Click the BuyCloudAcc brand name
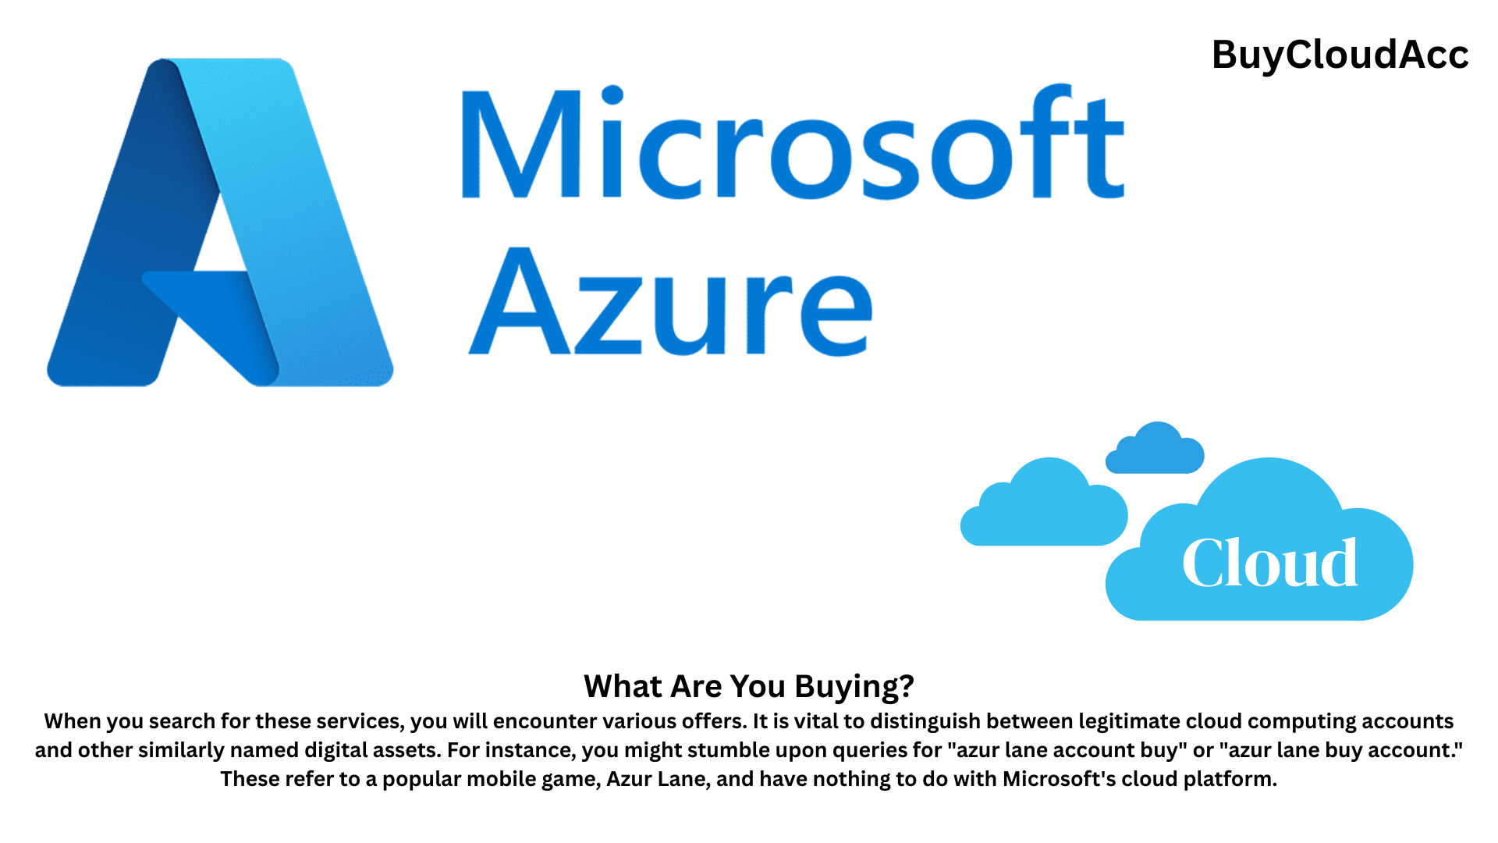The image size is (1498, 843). click(x=1340, y=55)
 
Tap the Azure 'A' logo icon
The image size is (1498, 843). click(x=220, y=222)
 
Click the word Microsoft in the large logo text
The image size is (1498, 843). click(x=792, y=143)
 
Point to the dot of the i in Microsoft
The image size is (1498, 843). click(x=613, y=94)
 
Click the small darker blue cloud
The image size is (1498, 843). click(x=1155, y=450)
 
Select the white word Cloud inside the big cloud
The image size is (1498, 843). click(x=1269, y=564)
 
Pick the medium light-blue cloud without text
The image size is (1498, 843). click(x=1044, y=506)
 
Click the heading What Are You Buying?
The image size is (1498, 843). click(x=748, y=686)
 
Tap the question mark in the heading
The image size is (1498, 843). click(x=906, y=686)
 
